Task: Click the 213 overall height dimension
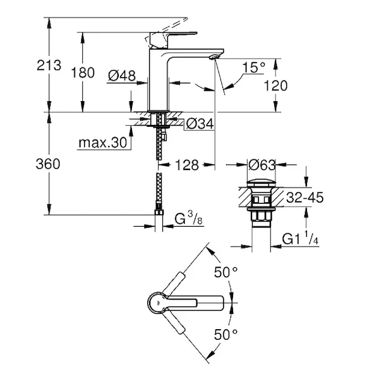49,66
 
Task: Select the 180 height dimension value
83,73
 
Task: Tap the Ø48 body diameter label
122,76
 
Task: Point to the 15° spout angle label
254,68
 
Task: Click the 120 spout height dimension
275,86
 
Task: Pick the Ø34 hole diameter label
200,124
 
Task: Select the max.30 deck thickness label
103,143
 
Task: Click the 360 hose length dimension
48,164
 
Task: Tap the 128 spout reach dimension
187,165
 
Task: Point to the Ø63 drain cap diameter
262,165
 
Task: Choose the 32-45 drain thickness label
305,198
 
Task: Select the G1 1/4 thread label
300,238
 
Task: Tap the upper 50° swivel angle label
226,272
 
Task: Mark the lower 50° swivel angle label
226,335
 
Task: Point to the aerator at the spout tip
214,57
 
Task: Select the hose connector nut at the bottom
159,212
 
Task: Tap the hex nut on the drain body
261,215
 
